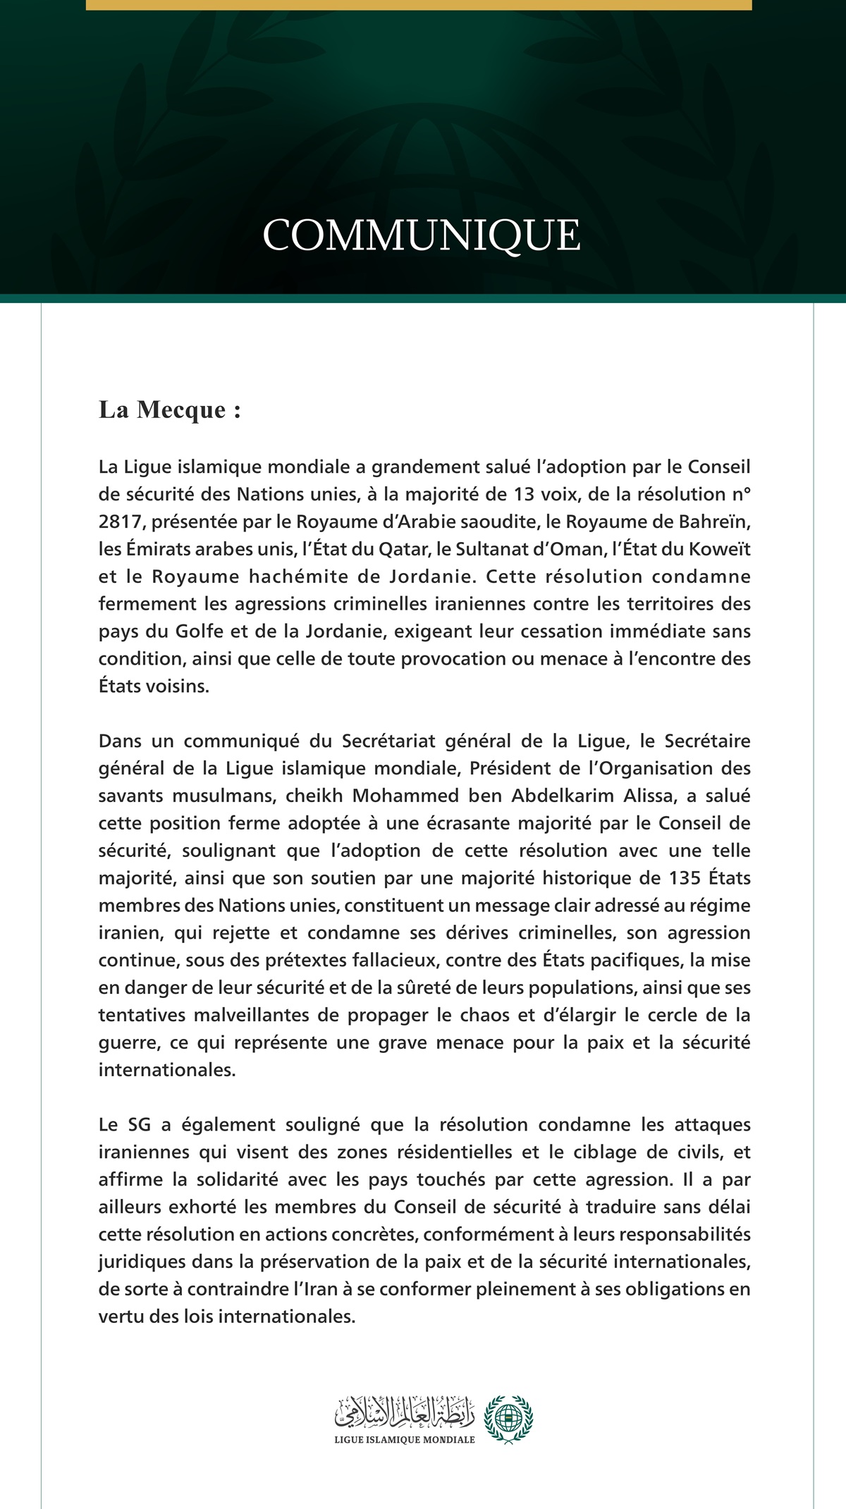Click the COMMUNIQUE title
coord(422,235)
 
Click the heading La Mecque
coord(170,409)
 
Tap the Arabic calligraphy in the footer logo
coord(405,1409)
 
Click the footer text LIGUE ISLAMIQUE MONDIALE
coord(405,1439)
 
